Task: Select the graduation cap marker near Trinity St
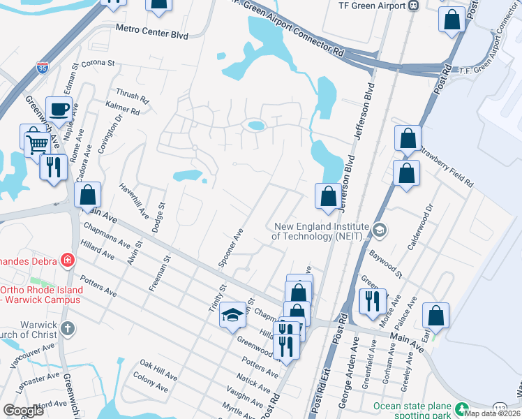pos(233,316)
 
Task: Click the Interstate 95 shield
pos(43,68)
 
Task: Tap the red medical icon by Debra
pos(67,261)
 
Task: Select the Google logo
pos(24,411)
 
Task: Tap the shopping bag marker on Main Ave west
pos(88,196)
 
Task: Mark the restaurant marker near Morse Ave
pos(370,300)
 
